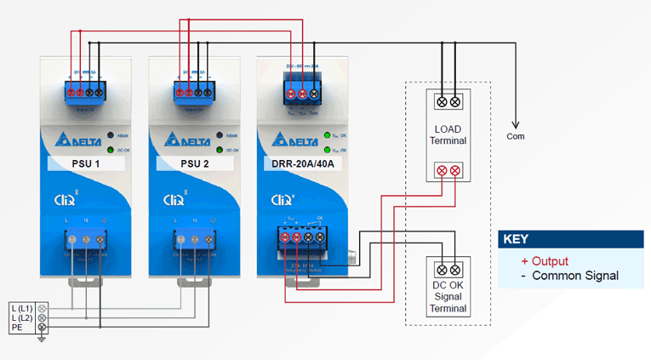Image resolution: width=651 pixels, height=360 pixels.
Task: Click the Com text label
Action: (516, 136)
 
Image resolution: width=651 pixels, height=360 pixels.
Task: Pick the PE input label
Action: (17, 327)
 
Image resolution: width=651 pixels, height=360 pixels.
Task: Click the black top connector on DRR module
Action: (302, 88)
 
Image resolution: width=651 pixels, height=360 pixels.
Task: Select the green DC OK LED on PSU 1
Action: (110, 150)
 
